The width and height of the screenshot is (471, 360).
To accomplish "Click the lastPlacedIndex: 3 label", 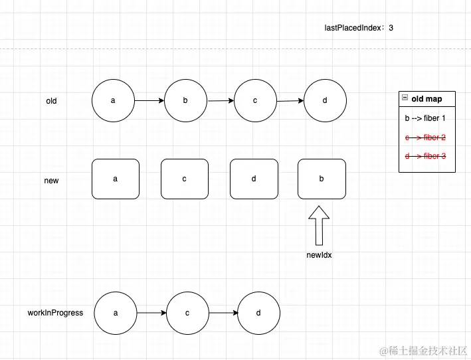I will pyautogui.click(x=359, y=28).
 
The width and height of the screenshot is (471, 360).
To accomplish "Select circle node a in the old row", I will pyautogui.click(x=114, y=101).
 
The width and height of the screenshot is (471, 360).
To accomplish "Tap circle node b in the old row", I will pyautogui.click(x=185, y=101).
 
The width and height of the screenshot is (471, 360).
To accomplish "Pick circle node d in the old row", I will pyautogui.click(x=325, y=101).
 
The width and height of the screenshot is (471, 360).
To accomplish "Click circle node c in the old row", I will pyautogui.click(x=255, y=101).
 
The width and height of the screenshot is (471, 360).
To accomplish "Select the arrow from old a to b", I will pyautogui.click(x=149, y=101).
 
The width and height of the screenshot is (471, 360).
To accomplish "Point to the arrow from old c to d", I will pyautogui.click(x=290, y=101).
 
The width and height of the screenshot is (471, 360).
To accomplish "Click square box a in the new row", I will pyautogui.click(x=116, y=179).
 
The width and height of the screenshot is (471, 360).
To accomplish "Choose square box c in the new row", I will pyautogui.click(x=185, y=179).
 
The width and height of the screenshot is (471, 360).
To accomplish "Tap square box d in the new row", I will pyautogui.click(x=254, y=179).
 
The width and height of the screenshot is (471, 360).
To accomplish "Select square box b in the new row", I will pyautogui.click(x=322, y=179).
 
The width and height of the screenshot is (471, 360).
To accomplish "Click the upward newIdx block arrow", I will pyautogui.click(x=320, y=225).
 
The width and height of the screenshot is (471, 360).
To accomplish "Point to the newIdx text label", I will pyautogui.click(x=319, y=254).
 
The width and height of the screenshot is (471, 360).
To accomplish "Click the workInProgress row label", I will pyautogui.click(x=55, y=312).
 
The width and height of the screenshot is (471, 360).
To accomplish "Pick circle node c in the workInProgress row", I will pyautogui.click(x=188, y=312).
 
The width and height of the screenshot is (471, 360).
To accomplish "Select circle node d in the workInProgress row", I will pyautogui.click(x=258, y=312).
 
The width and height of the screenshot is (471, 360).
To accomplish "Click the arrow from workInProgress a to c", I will pyautogui.click(x=151, y=312).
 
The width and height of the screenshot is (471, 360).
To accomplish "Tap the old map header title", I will pyautogui.click(x=426, y=99).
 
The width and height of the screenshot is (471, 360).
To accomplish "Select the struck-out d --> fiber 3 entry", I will pyautogui.click(x=425, y=156).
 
